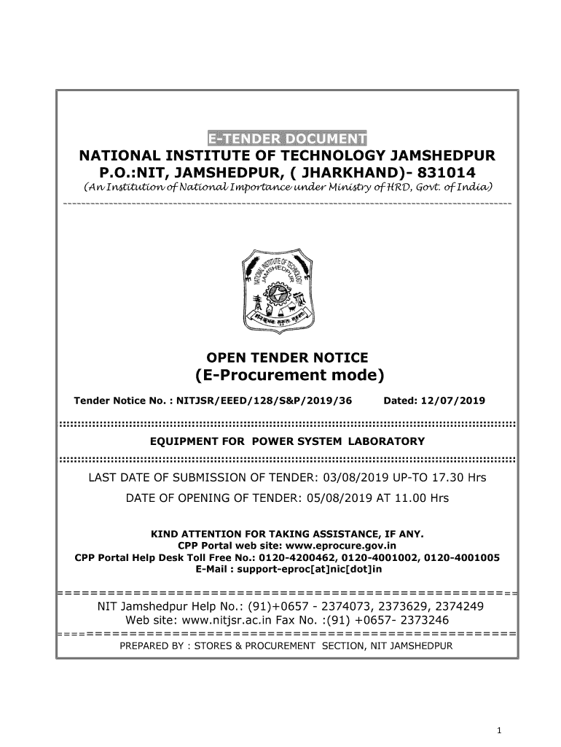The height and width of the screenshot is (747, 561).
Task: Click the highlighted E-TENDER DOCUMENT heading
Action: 287,139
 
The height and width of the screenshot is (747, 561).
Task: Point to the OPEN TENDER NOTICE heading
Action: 288,357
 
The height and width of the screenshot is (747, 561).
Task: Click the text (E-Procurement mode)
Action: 288,376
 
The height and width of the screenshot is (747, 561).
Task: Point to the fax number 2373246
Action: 424,620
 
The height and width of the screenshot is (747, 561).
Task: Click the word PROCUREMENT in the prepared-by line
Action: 282,646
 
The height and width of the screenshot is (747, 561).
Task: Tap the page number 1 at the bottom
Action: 496,731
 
